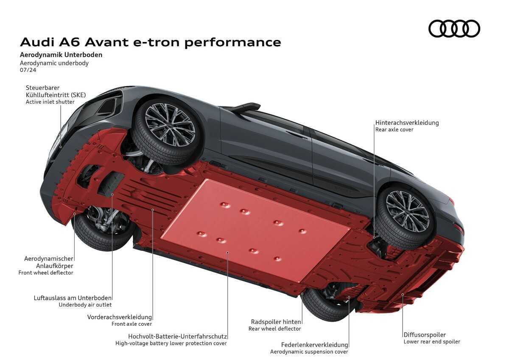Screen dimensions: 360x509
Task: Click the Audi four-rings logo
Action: tap(454, 28)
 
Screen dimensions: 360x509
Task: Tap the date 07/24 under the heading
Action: tap(28, 70)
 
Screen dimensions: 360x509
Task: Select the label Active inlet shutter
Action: tap(50, 102)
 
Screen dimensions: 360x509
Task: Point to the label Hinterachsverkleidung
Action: tap(407, 123)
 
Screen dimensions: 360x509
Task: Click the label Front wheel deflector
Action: tap(46, 273)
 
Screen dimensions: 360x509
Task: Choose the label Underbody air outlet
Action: tap(85, 304)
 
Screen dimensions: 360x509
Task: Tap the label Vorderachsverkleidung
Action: tap(120, 317)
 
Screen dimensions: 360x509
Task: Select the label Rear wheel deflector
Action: tap(275, 329)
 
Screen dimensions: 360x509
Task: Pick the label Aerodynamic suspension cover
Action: tap(309, 352)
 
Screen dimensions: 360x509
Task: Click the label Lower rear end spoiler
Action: tap(432, 341)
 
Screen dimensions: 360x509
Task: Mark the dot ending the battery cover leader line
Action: tap(228, 252)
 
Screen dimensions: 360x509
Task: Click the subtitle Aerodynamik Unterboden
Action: tap(61, 55)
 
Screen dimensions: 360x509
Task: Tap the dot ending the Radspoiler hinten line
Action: tap(302, 293)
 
